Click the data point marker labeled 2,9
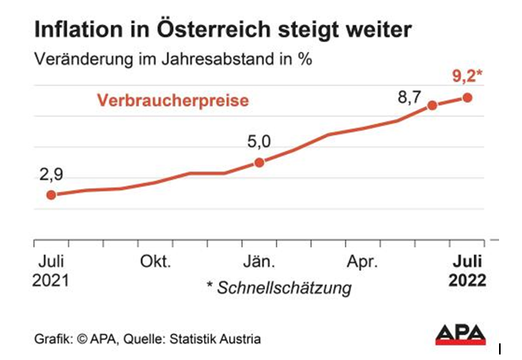point(51,195)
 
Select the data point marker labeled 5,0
point(259,163)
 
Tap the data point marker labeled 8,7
point(432,105)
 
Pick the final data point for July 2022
point(467,97)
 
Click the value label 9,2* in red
point(467,78)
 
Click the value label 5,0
point(259,142)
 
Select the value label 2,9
point(51,174)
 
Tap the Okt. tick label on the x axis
point(155,262)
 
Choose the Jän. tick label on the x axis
point(259,262)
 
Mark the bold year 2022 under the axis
point(467,280)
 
